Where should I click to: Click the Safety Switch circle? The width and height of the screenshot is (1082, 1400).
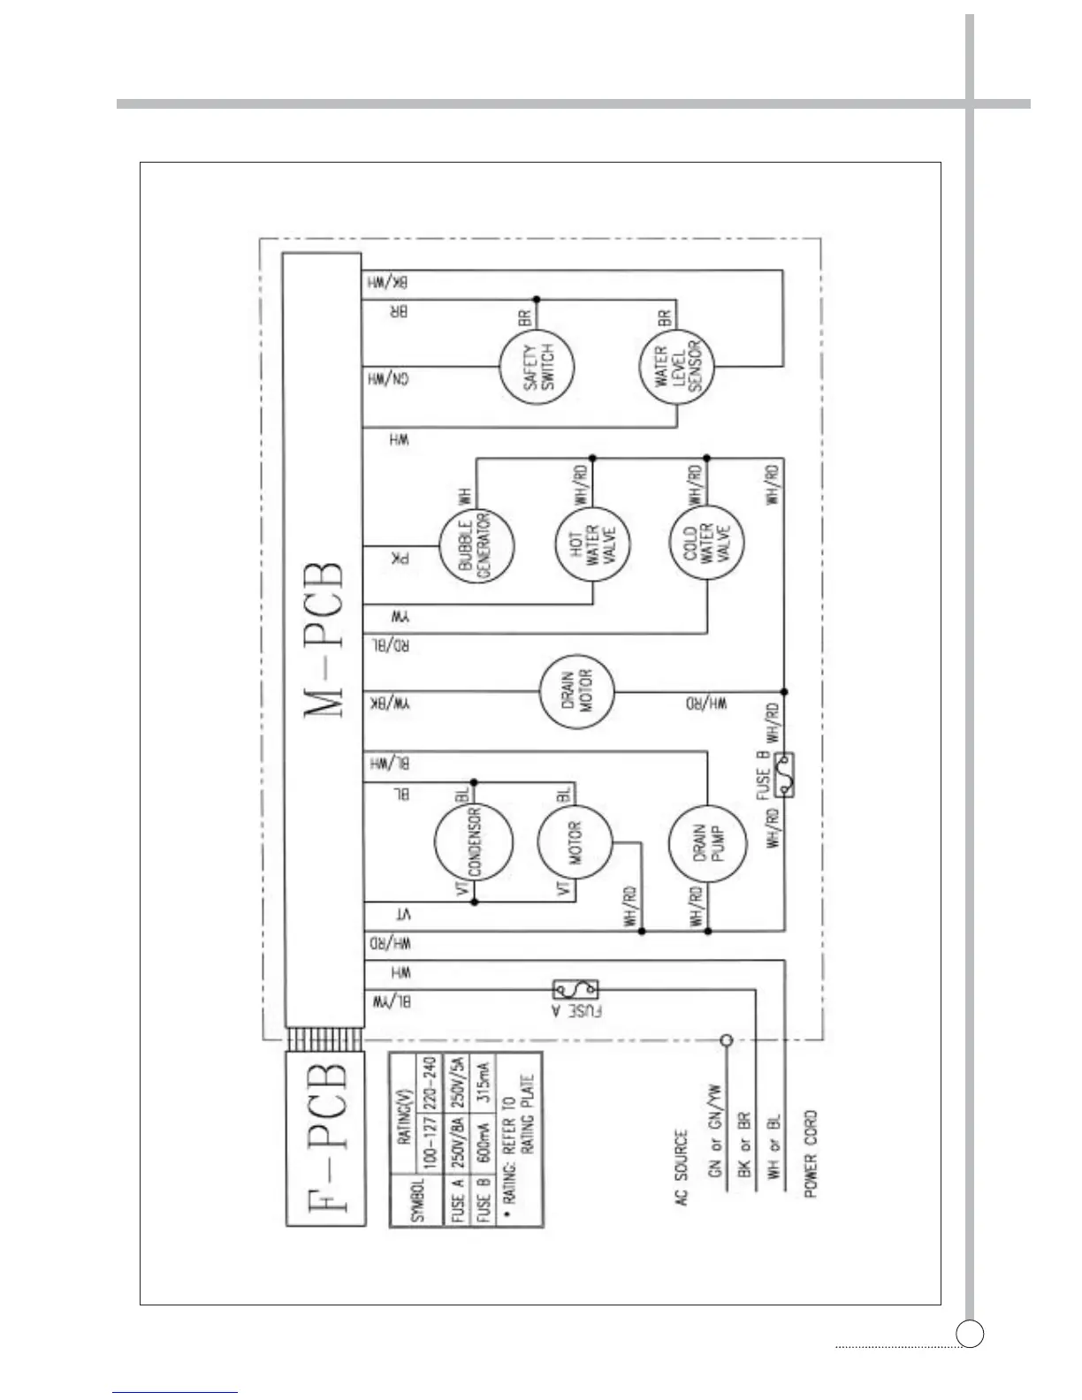536,367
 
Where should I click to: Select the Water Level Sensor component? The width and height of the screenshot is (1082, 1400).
677,367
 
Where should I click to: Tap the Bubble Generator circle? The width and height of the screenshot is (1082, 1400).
476,547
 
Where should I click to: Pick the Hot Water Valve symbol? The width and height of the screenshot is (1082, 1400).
592,547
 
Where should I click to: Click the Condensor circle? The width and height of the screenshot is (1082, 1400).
474,841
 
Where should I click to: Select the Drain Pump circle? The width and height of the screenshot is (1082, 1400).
705,845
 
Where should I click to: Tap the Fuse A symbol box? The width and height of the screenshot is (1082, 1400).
575,988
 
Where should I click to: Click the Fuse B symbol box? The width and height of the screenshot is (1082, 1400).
783,775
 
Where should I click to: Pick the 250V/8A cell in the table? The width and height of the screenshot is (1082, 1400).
458,1159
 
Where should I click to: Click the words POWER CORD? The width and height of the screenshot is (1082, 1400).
810,1153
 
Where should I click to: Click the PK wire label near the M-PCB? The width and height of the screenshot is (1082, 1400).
400,558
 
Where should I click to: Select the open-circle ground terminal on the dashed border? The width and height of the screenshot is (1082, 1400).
727,1040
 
